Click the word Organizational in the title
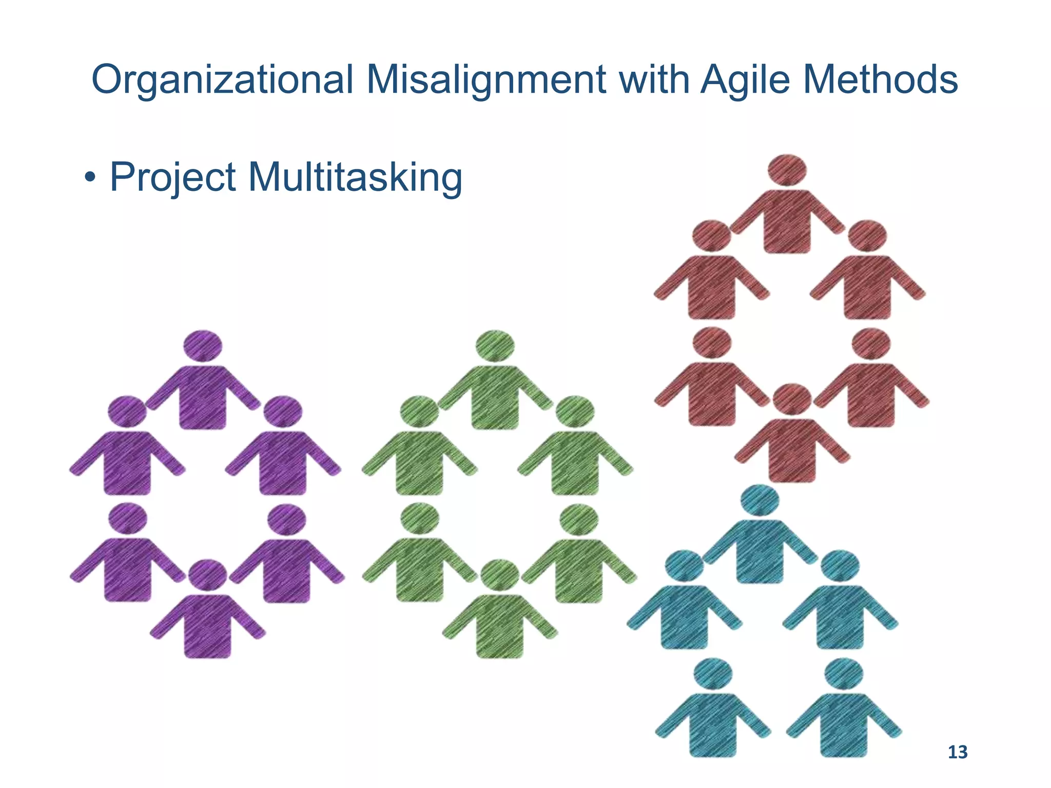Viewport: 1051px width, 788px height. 222,81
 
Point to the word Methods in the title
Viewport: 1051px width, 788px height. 881,81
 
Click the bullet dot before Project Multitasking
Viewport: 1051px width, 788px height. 90,180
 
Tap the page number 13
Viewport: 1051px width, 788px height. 957,752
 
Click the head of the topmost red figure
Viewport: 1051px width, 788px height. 787,170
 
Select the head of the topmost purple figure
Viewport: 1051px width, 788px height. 203,346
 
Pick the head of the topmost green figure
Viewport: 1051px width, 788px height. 495,346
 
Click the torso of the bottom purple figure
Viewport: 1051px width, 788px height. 207,627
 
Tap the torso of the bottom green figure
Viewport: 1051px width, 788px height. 499,627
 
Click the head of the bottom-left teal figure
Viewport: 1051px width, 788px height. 713,675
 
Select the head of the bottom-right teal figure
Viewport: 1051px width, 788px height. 844,675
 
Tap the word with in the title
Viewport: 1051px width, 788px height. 654,81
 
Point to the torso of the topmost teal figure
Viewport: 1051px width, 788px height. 760,551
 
